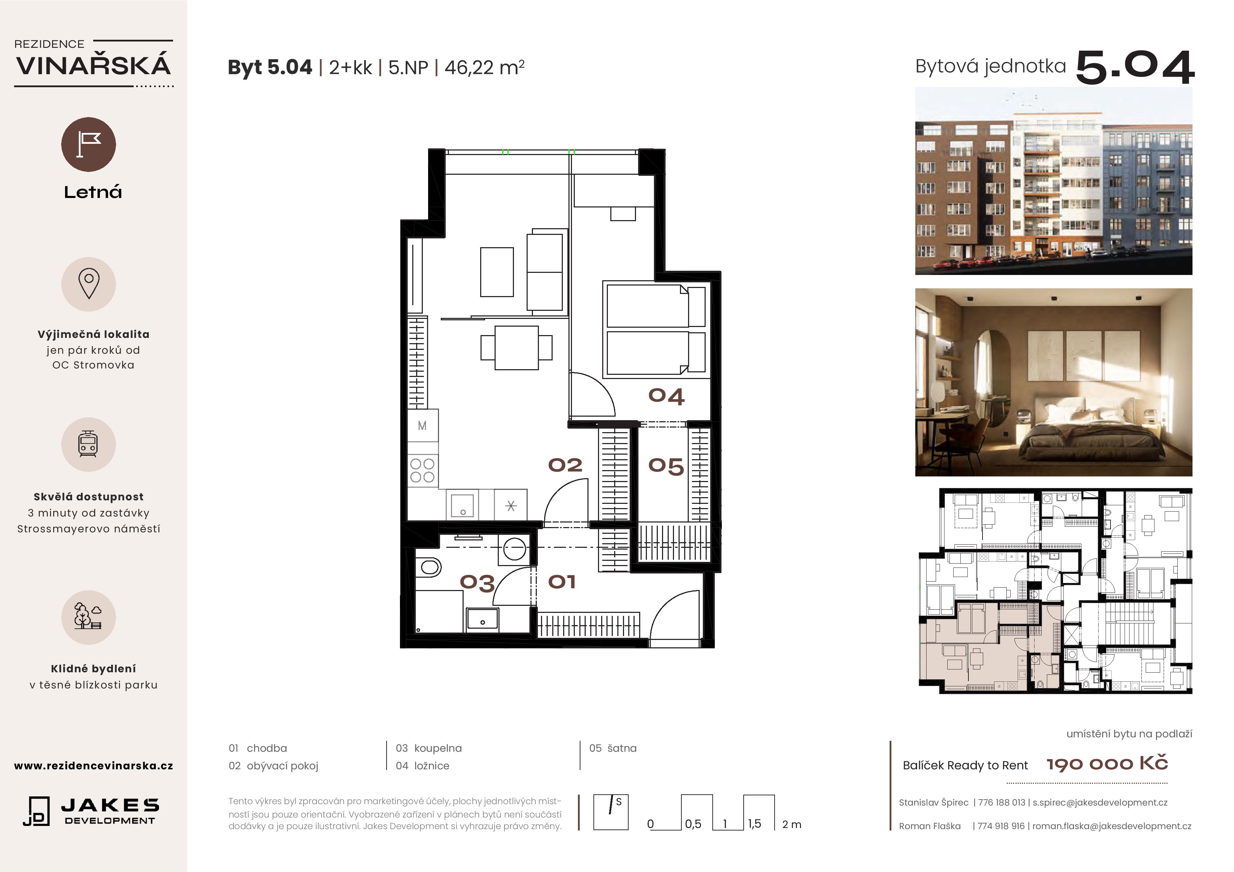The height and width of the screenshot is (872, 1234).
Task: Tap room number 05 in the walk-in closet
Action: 666,466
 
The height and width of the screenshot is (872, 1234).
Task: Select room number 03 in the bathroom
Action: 477,583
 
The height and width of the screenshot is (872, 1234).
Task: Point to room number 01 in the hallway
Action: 562,581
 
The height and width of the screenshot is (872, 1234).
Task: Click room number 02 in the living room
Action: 565,465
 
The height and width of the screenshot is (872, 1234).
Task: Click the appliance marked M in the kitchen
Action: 422,425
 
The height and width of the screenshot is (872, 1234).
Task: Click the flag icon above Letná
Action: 89,145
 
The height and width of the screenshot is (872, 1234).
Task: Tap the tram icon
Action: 88,444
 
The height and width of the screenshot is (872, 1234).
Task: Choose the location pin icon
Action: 89,284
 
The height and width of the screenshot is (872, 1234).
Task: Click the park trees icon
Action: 88,617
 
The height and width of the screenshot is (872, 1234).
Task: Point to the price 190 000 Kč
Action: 1107,763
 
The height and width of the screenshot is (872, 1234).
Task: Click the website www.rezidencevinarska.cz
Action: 94,765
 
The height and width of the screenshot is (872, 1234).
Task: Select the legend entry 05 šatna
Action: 613,748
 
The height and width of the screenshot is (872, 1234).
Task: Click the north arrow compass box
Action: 611,812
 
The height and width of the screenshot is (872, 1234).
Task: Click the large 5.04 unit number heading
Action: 1135,68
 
